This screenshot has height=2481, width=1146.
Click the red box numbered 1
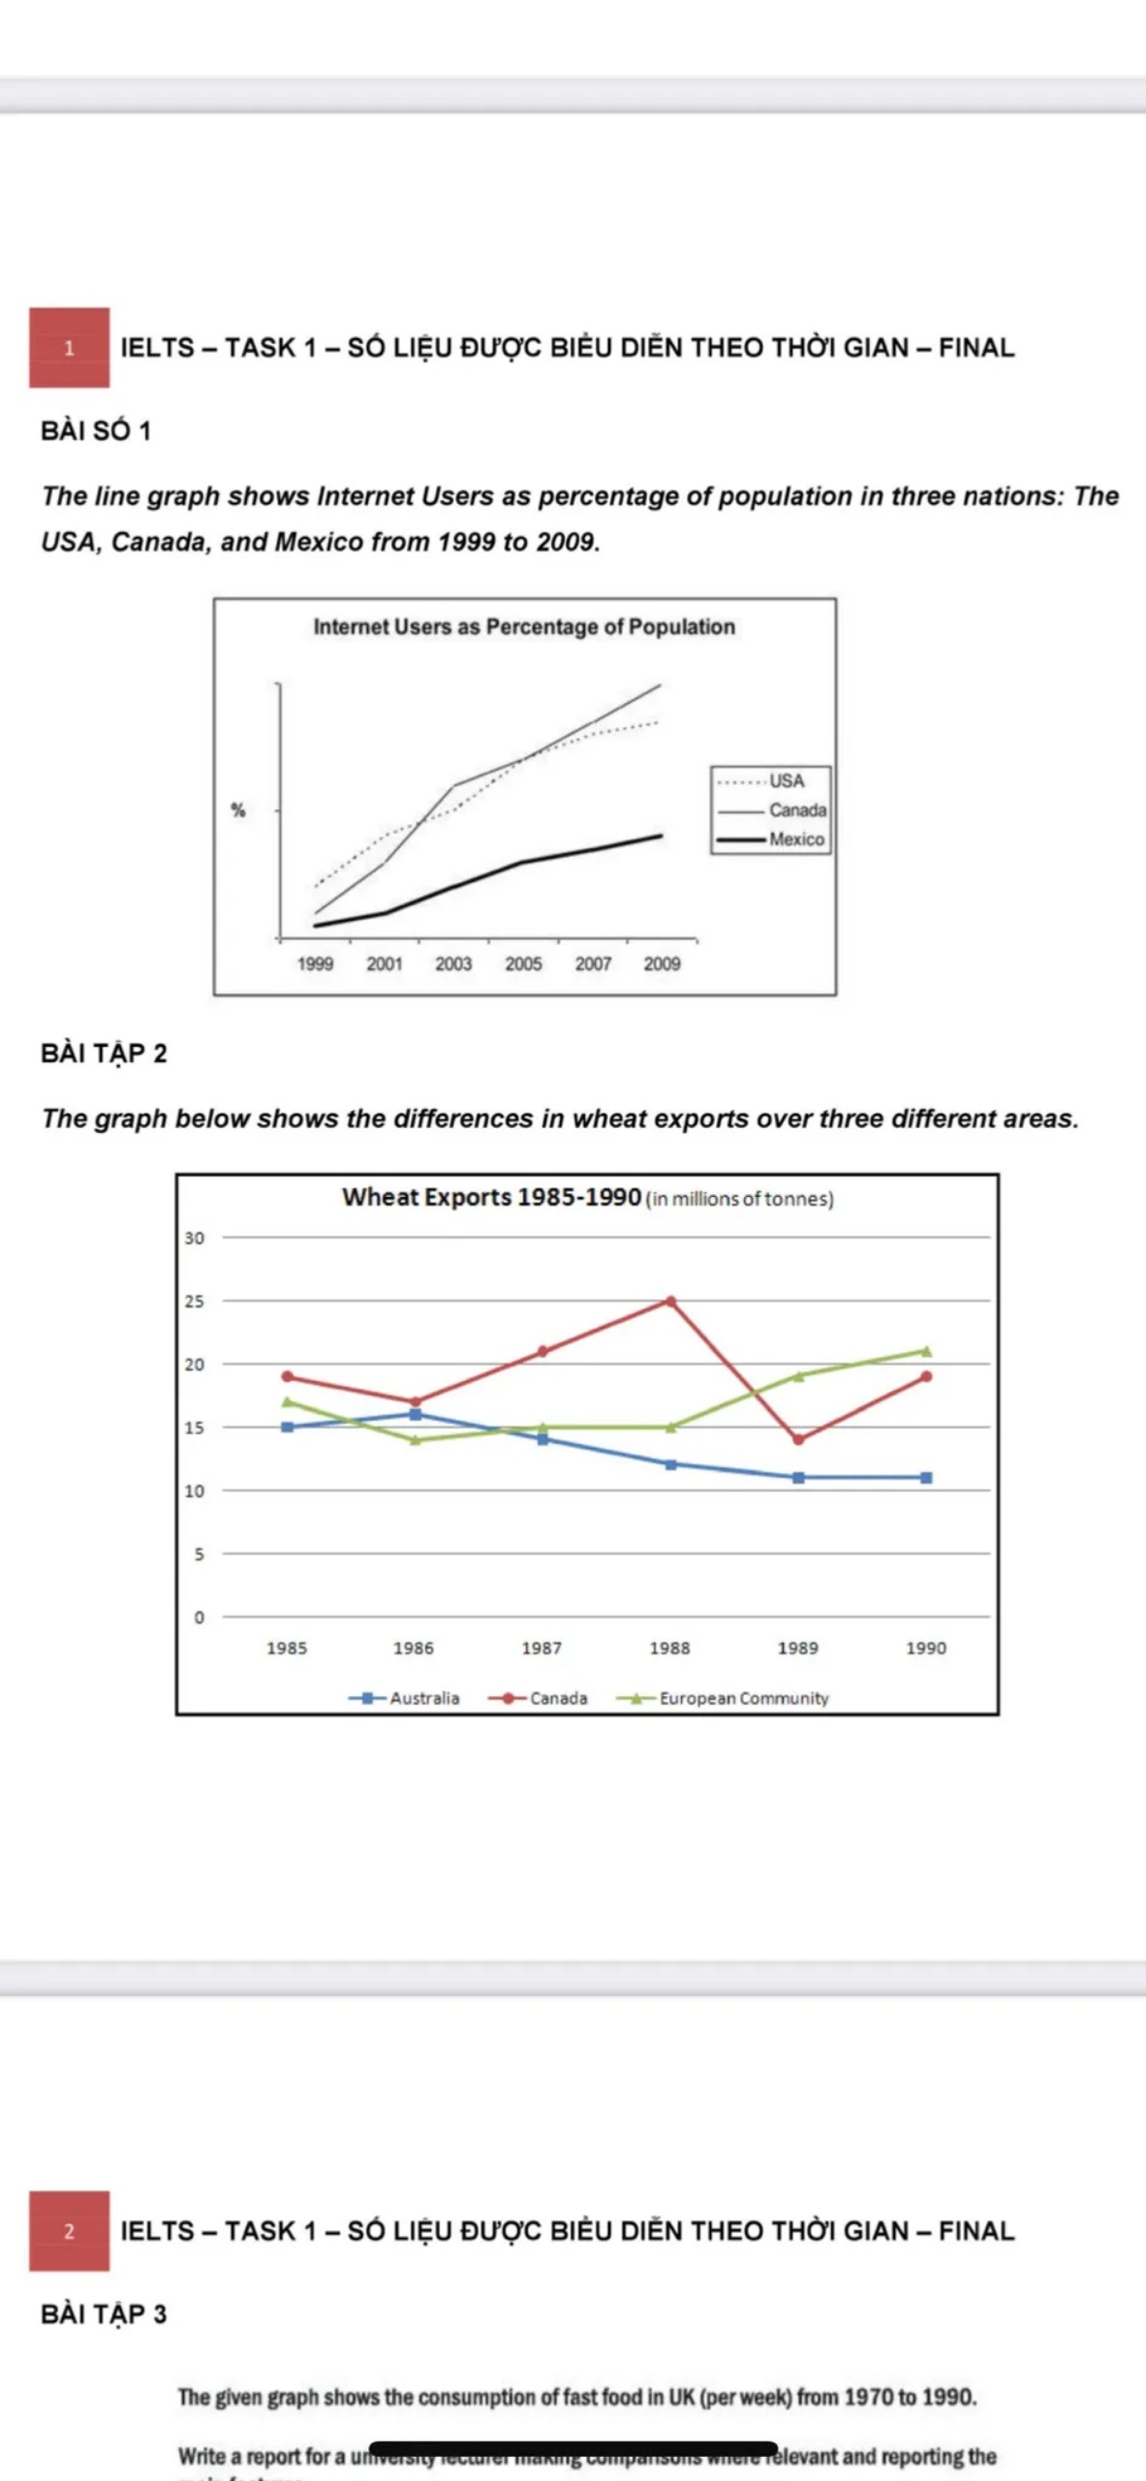pos(69,348)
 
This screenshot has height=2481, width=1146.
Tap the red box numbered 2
pos(69,2230)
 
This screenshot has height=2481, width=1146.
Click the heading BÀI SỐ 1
pos(96,431)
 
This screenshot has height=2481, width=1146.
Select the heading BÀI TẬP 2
pos(104,1053)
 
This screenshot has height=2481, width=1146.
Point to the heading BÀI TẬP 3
pos(104,2314)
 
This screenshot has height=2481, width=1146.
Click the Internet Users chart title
pos(524,627)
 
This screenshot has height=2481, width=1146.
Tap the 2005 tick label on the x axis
pos(523,964)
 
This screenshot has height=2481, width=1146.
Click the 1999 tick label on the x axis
pos(315,964)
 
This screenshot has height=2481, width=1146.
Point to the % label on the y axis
pos(237,810)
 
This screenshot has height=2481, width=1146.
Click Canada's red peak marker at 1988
pos(670,1302)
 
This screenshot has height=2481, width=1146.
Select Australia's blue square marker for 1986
pos(416,1415)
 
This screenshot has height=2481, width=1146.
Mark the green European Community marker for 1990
pos(926,1351)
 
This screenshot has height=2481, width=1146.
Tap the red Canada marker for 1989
pos(798,1440)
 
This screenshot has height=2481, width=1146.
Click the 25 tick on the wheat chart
pos(195,1302)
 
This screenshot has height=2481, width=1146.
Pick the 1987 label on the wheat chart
pos(542,1648)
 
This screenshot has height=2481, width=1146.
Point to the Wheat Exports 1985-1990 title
pos(491,1198)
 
